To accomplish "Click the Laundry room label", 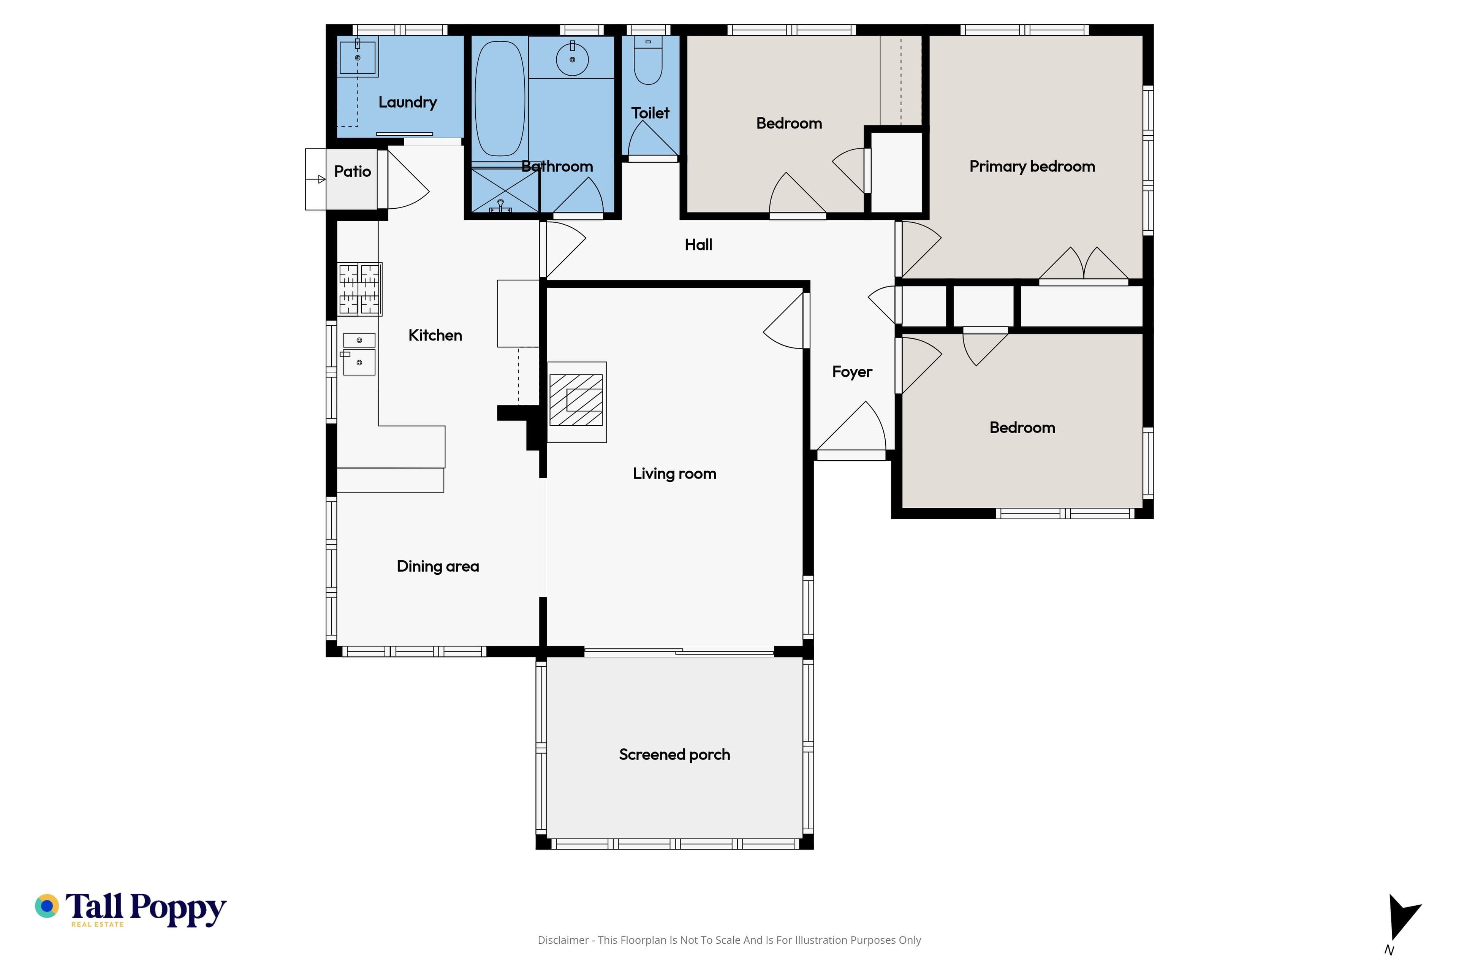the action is click(408, 102).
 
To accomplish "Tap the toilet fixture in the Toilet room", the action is click(648, 60).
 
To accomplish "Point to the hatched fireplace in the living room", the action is click(576, 400).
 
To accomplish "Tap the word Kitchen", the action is click(435, 335).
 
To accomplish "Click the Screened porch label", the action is click(674, 754).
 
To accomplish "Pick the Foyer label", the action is click(852, 372).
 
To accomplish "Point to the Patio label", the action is click(352, 171).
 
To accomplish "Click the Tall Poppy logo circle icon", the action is click(46, 906).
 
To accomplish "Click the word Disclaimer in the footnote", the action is click(563, 940).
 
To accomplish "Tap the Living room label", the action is click(674, 474).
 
